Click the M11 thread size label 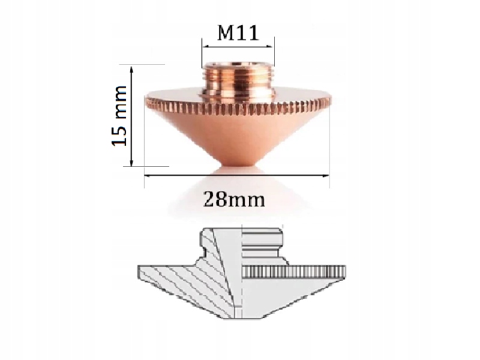[x=238, y=33]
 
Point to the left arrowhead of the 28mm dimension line [x=148, y=175]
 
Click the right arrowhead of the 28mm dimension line [x=327, y=175]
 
